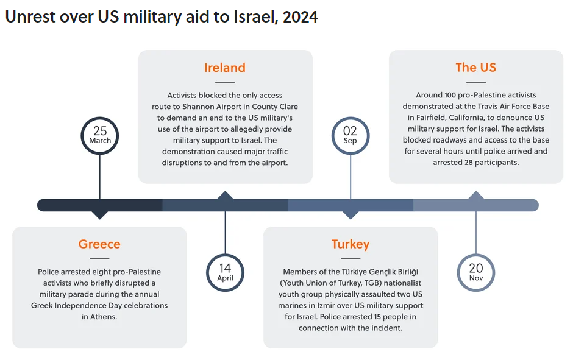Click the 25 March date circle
coord(100,135)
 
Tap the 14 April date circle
coord(225,272)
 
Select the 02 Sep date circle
coord(351,135)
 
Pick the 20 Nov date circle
coord(476,272)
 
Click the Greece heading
coord(99,244)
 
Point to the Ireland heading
coord(225,68)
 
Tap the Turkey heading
coord(351,244)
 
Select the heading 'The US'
coord(476,68)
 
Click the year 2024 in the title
coord(300,17)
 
